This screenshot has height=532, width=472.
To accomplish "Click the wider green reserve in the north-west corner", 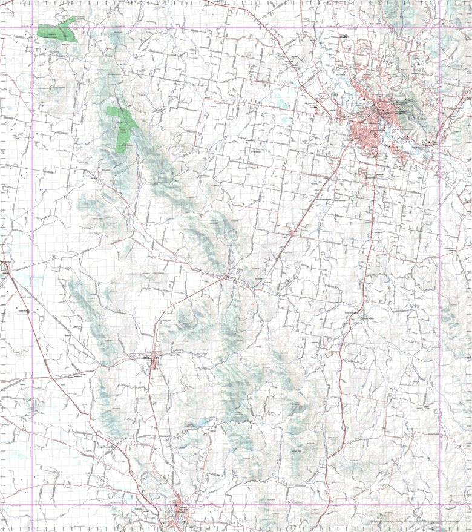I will click(x=57, y=31).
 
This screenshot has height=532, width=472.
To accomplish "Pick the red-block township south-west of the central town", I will click(x=152, y=361).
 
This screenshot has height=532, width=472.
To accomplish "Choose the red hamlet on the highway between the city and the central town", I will click(x=293, y=231).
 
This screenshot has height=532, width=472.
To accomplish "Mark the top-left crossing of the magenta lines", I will click(x=32, y=28).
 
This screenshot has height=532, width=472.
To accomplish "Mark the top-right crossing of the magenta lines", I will click(x=440, y=28).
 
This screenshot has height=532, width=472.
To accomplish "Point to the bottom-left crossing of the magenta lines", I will click(x=32, y=504).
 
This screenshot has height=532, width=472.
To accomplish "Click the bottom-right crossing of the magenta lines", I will click(x=440, y=504).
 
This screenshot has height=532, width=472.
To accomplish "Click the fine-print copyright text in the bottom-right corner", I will click(x=418, y=521).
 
